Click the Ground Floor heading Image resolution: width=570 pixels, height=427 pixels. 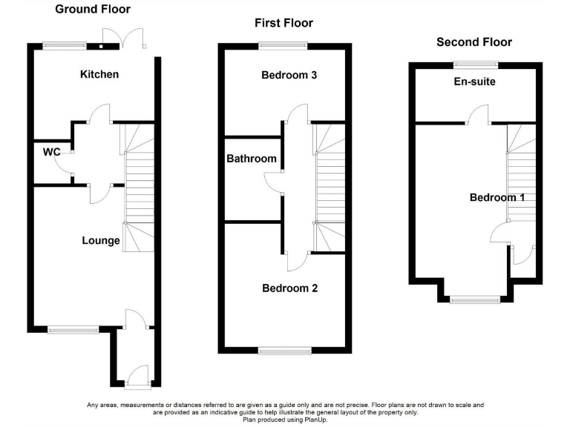pos(94,10)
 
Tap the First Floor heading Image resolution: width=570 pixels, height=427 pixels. pos(284,23)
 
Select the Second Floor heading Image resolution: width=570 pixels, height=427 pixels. pos(474,42)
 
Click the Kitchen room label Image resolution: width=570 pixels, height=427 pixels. pos(99,74)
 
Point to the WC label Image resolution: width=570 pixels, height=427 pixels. pos(51,152)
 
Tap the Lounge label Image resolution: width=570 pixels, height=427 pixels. pos(101,240)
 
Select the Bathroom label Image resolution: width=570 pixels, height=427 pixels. pos(252,159)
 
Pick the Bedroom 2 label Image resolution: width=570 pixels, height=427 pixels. pos(289,288)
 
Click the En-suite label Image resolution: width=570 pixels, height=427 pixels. pos(475,82)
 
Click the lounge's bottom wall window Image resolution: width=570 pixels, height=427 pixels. pos(73,330)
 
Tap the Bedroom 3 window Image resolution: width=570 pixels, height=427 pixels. pos(282,46)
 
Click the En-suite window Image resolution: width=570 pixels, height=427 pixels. pos(476,64)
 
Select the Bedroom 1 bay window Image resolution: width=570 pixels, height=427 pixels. pos(475,299)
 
